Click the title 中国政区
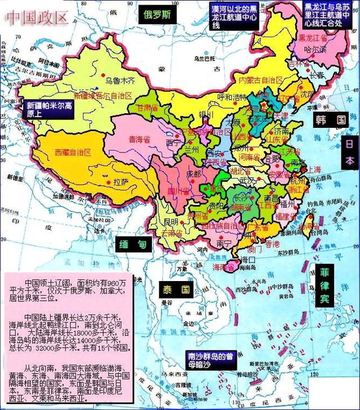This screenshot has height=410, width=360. coord(37,17)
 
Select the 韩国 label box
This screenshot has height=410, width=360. coord(330,120)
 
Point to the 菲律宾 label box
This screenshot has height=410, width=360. coord(325,286)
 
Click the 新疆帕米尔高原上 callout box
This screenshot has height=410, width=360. coord(49,109)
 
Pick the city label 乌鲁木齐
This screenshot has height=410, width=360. coord(121,81)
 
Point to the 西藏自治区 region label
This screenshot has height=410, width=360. coord(72,152)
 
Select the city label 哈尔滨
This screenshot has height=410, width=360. coord(315,49)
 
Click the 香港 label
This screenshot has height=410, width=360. coord(272,244)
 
